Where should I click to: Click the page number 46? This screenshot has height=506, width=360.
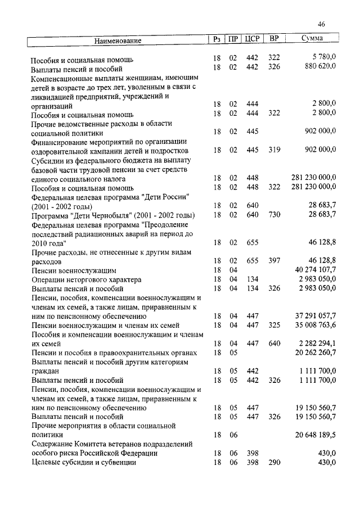click(321, 24)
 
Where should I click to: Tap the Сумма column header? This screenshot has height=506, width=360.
click(312, 39)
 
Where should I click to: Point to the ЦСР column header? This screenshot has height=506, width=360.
click(251, 39)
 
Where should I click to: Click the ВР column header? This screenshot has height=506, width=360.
click(274, 39)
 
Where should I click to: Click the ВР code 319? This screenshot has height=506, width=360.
click(274, 151)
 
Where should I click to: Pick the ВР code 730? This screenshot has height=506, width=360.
click(274, 215)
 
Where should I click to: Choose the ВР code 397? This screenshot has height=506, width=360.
click(274, 261)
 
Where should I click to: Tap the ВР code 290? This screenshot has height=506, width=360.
click(274, 463)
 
